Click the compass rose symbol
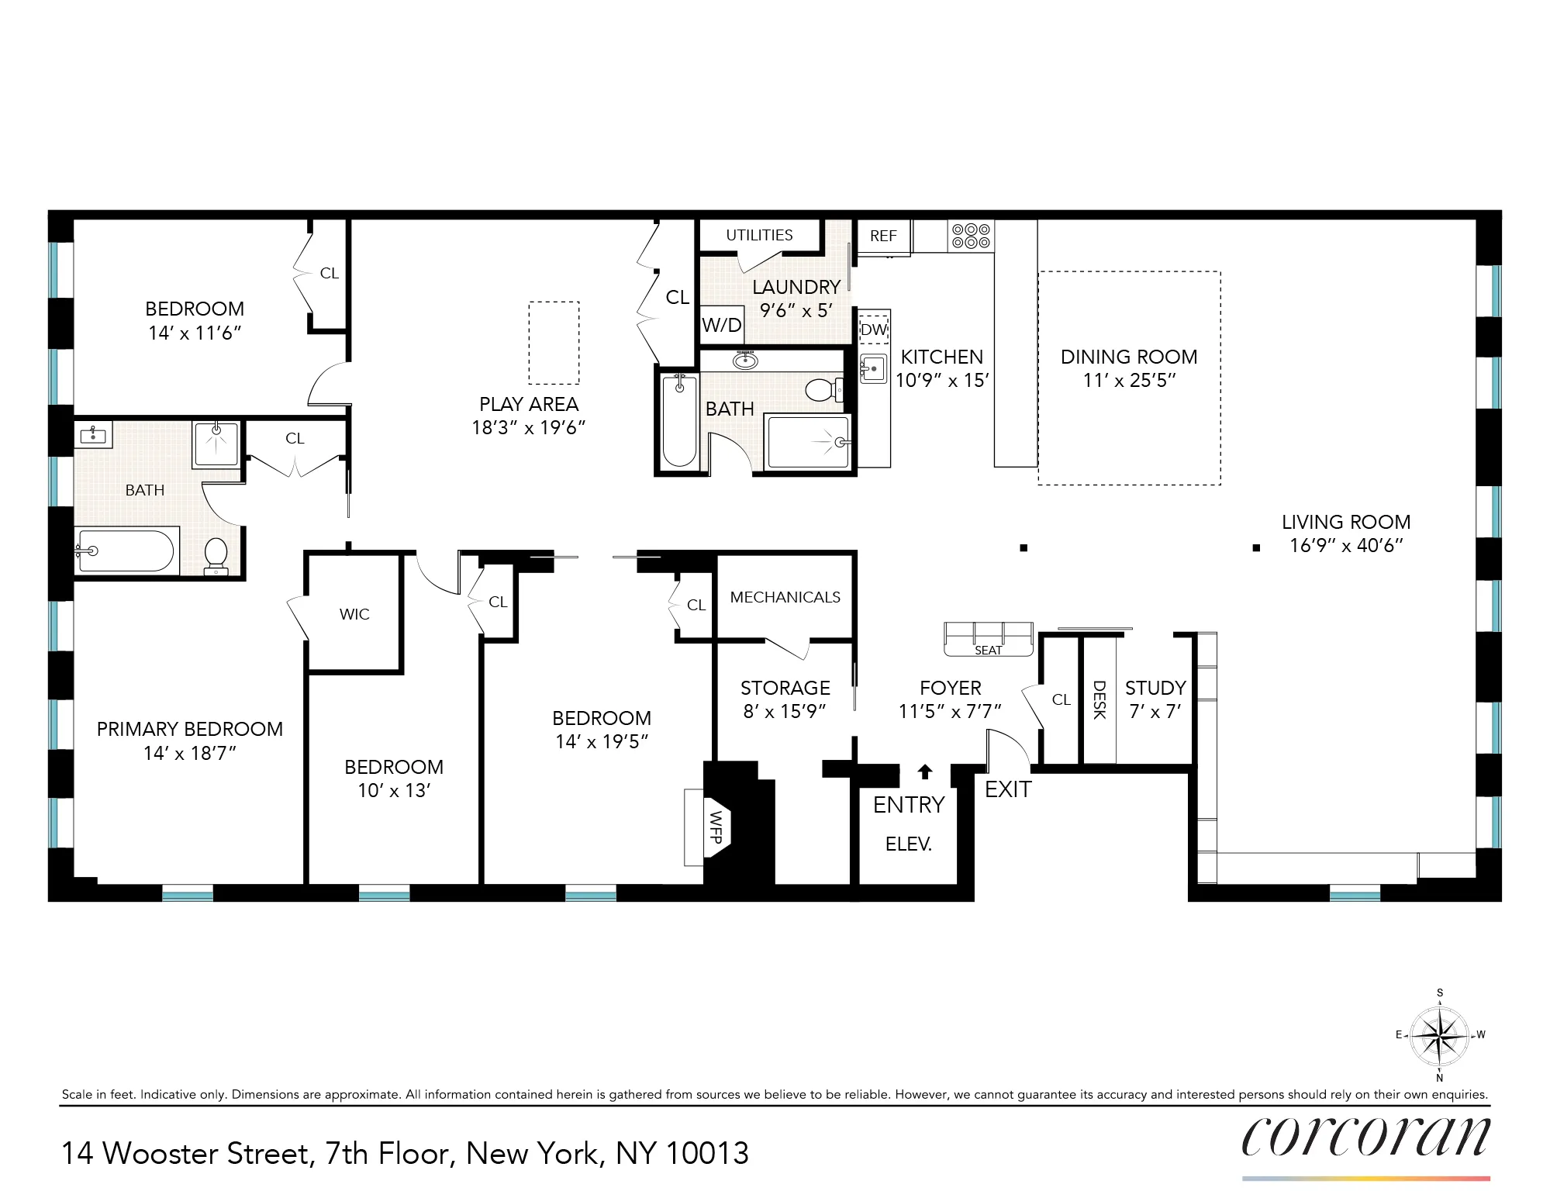(x=1439, y=1036)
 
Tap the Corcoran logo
(x=1365, y=1138)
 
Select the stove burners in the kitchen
(x=971, y=236)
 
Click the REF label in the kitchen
(x=883, y=236)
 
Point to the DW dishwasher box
(x=874, y=330)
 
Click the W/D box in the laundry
(x=722, y=326)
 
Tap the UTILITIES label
(x=759, y=235)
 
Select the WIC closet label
(x=354, y=614)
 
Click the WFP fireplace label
(x=716, y=827)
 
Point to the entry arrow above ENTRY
(x=924, y=772)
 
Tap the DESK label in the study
(x=1099, y=699)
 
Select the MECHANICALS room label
(x=785, y=597)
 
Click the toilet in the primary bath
(x=216, y=555)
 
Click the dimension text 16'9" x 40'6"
(x=1346, y=546)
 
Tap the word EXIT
(x=1008, y=789)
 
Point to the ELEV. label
(x=908, y=844)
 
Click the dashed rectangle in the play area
(x=554, y=343)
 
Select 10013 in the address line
(x=707, y=1154)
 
